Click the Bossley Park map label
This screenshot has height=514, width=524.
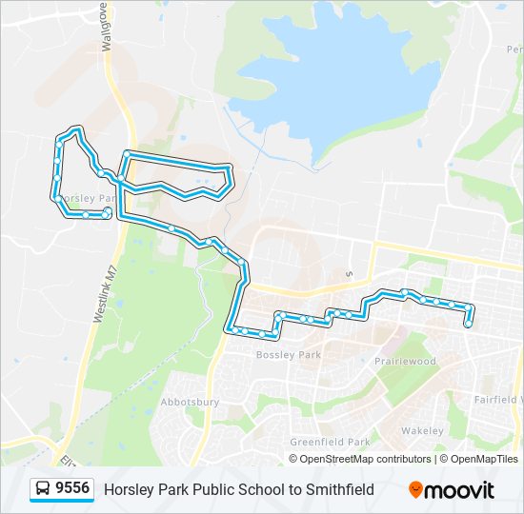coord(289,355)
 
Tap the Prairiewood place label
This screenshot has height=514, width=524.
coord(405,362)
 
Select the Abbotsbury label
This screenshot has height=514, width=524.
coord(190,403)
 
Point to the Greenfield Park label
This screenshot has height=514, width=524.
coord(330,443)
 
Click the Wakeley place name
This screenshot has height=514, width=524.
coord(422,431)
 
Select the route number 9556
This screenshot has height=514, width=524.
coord(72,489)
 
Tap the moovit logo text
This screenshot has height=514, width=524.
coord(459,490)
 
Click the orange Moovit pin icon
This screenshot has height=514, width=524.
coord(415,490)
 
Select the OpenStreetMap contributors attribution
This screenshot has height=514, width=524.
coord(365,459)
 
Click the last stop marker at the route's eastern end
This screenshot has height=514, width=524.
coord(468,325)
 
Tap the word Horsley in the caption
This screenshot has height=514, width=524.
coord(129,490)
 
